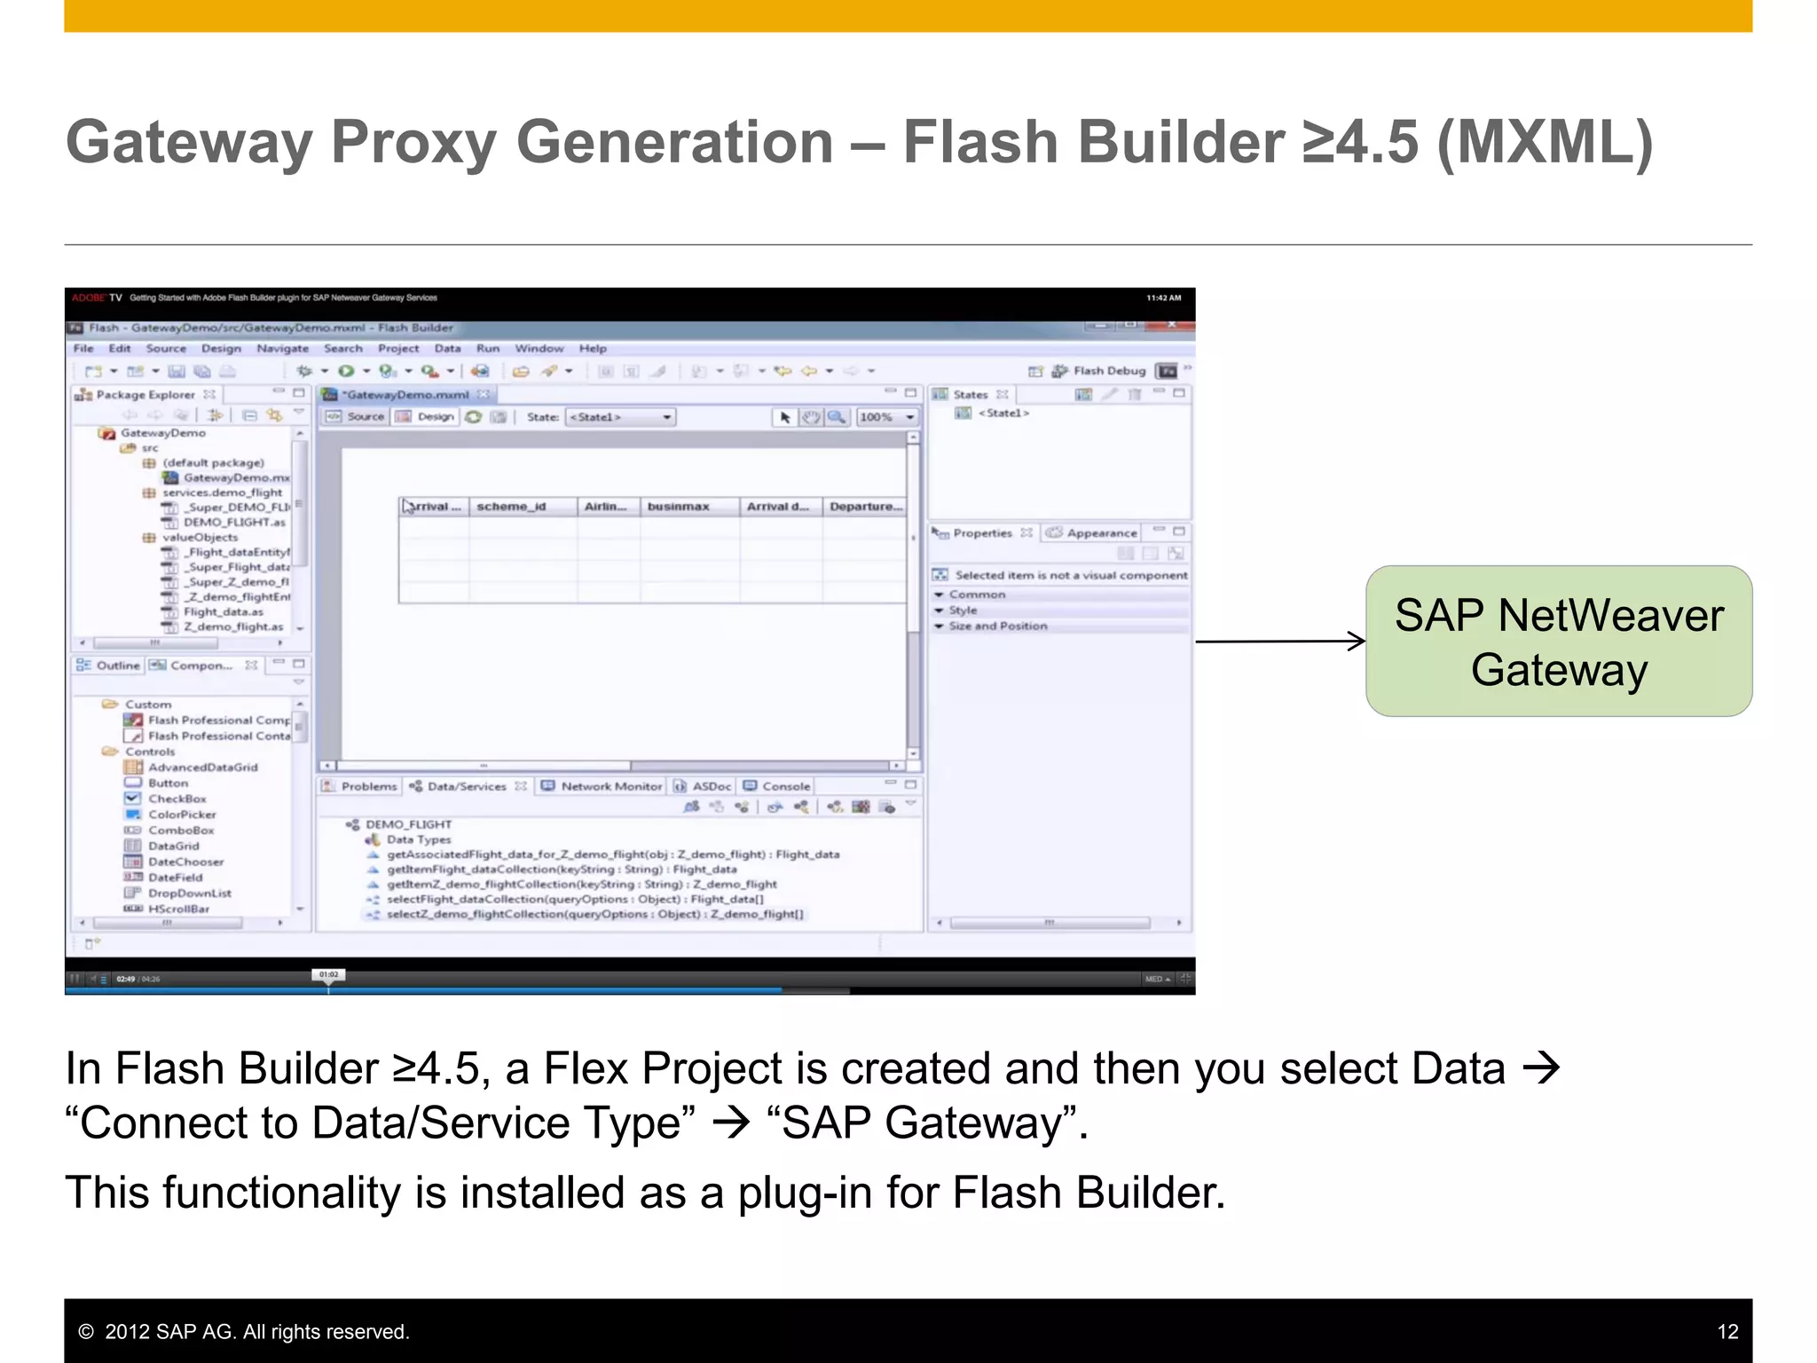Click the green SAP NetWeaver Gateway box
coord(1558,641)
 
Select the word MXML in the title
coord(1544,142)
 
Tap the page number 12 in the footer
coord(1727,1331)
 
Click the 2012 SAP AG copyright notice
coord(244,1331)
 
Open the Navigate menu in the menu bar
coord(282,349)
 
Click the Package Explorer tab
coord(145,395)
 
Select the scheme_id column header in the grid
coord(511,507)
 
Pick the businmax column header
coord(678,507)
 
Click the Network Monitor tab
coord(610,786)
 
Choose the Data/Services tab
coord(466,786)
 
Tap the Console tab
coord(785,786)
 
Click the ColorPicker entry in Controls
coord(182,815)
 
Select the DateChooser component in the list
coord(185,862)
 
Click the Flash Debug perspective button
coord(1109,371)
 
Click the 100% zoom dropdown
coord(886,417)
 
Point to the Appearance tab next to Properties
coord(1100,532)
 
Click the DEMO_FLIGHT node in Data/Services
coord(408,824)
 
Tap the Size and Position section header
coord(997,626)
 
